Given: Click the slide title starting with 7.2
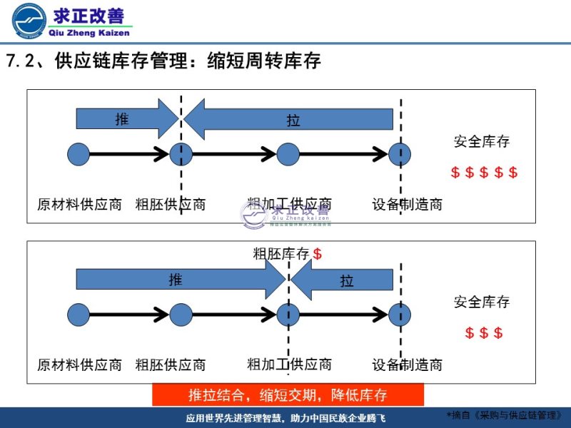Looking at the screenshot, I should tap(163, 61).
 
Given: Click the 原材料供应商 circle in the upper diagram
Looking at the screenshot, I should tap(79, 153).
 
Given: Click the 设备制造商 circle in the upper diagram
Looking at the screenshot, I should tap(400, 153).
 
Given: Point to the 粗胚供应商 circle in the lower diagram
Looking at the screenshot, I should tap(181, 314).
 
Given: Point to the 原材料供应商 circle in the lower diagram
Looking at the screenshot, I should tap(79, 314).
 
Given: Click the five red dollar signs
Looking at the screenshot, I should tap(484, 173).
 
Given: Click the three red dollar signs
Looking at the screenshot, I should tap(484, 333).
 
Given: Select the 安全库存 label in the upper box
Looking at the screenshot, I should tap(482, 141).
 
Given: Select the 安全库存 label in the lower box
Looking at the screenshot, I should tap(482, 302).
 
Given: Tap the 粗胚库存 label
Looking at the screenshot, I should tap(281, 253).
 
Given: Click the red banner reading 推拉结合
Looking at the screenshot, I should tap(288, 395).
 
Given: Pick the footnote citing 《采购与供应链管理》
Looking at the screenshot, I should tap(507, 414).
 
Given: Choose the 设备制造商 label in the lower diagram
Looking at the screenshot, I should tap(407, 365).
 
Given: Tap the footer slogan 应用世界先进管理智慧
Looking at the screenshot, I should tap(285, 417).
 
